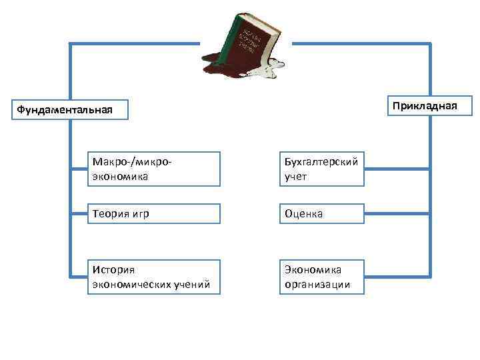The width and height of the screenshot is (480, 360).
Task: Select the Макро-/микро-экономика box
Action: coord(153,169)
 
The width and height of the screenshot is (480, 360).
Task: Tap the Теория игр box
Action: coord(153,213)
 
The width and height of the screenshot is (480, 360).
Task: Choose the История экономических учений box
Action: coord(153,277)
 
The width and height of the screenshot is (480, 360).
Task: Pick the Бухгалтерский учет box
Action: coord(321,169)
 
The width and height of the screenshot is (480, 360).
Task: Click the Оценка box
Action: coord(321,213)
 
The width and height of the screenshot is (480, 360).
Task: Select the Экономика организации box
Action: coord(321,277)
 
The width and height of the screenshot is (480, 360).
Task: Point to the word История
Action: coord(114,269)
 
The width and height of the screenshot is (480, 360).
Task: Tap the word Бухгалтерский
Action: coord(321,161)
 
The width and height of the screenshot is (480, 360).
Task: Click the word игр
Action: coord(140,213)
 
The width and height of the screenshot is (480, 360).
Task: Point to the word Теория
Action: coord(110,213)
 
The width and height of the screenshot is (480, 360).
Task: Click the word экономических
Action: coord(131,285)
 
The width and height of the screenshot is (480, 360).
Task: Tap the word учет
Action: coord(295,177)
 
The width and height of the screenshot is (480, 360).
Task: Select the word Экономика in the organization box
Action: coord(313,269)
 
